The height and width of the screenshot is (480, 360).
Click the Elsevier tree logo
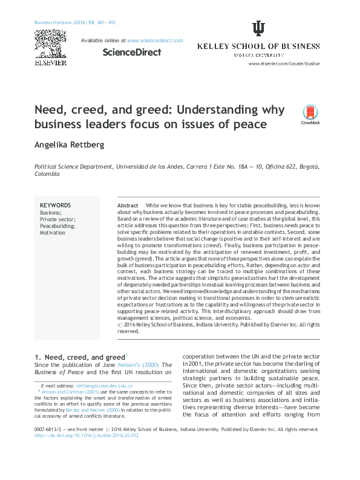pos(47,41)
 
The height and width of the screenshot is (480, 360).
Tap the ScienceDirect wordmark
pos(131,52)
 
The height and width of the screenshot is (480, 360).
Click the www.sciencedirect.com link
pos(155,41)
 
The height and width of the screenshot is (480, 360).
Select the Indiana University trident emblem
pos(258,28)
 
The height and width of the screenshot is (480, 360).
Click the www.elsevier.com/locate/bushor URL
pos(284,63)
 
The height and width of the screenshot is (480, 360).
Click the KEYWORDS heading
pos(55,206)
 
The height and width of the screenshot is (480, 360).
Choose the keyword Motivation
pos(53,232)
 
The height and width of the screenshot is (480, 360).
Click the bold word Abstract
pos(127,206)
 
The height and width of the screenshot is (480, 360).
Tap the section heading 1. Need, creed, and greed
pos(79,358)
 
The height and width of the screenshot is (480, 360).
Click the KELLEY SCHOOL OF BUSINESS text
pos(258,46)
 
